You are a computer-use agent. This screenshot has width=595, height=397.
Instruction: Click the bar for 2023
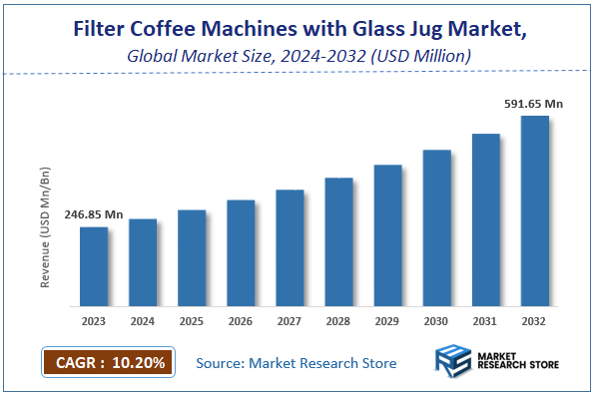tap(94, 266)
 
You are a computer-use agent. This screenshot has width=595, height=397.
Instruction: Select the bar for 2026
tap(241, 252)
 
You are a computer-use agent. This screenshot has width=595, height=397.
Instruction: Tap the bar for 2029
tap(387, 235)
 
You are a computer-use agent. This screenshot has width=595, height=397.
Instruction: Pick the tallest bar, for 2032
tap(534, 210)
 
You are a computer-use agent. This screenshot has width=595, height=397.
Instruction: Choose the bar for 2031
tap(485, 219)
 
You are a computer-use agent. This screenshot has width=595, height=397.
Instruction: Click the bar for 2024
tap(143, 262)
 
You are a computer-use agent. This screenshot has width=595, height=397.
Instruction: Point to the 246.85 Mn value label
tap(93, 214)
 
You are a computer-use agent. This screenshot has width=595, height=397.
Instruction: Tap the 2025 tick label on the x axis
tap(192, 321)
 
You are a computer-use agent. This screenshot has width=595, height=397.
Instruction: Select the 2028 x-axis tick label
tap(338, 321)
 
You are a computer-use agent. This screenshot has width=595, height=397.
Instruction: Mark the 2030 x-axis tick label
tap(436, 321)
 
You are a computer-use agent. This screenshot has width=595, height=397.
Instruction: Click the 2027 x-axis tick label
tap(290, 321)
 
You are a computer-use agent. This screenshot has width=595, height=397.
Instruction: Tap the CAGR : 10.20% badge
tap(108, 362)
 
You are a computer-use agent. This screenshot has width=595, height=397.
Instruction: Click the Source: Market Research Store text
tap(297, 363)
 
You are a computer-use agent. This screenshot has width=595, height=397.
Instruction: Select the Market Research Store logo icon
tap(453, 362)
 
